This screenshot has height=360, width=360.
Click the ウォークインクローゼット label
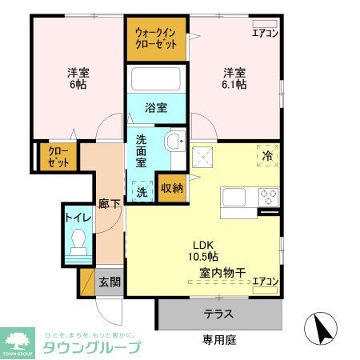click(156, 38)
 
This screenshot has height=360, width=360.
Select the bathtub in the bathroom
click(156, 80)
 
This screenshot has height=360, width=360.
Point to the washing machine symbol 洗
click(142, 191)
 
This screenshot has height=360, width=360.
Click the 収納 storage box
click(172, 190)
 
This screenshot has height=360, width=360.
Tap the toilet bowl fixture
click(78, 241)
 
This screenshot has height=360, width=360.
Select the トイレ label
click(78, 216)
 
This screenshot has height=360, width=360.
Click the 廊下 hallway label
click(109, 204)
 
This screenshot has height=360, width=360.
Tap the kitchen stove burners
click(267, 196)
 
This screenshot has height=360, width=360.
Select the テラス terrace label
click(218, 314)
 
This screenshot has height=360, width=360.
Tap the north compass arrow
click(323, 326)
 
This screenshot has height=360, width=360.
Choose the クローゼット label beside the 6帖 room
click(57, 157)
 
